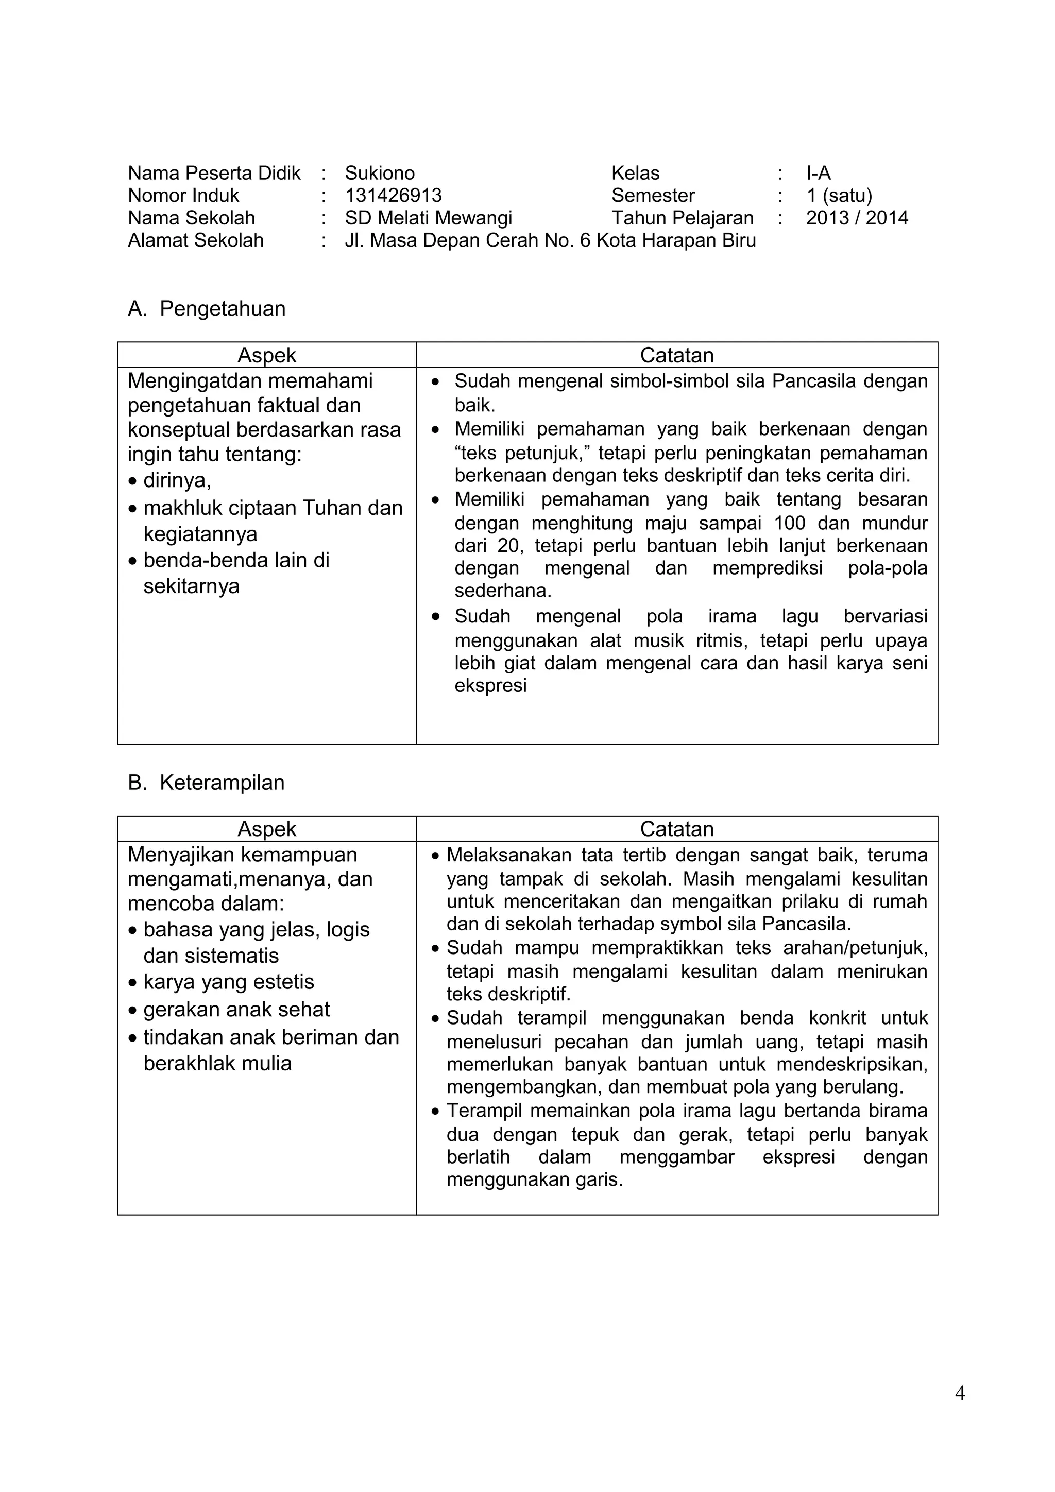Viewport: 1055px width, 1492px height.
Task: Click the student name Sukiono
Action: (x=379, y=173)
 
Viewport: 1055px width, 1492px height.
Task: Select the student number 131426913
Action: (x=393, y=196)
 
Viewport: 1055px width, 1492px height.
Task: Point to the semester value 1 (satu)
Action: (x=839, y=196)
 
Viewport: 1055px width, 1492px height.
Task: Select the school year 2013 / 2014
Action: (x=856, y=218)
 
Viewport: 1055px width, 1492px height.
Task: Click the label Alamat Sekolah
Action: (x=196, y=240)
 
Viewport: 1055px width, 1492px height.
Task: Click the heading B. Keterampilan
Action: (x=206, y=783)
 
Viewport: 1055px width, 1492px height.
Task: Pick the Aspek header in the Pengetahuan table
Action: (x=266, y=355)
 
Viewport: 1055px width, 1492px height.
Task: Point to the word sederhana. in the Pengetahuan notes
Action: (x=502, y=591)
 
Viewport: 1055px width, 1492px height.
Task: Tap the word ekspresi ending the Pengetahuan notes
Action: (x=490, y=686)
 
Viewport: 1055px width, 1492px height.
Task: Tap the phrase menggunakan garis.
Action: (x=534, y=1179)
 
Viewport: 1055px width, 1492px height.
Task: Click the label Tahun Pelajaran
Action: (x=682, y=218)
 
